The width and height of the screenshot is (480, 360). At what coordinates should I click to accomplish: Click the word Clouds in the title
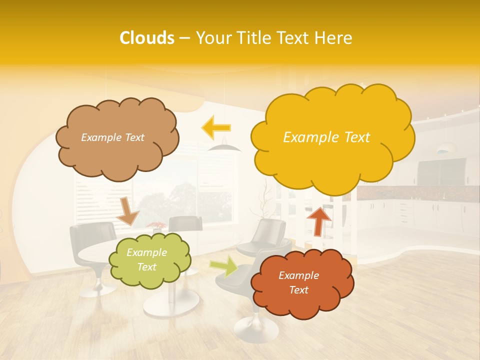[x=147, y=38]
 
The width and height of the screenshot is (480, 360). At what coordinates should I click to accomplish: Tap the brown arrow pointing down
[x=127, y=211]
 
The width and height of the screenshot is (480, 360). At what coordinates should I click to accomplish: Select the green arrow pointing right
[x=223, y=266]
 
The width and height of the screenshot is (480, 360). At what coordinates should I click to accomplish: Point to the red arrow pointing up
[x=319, y=220]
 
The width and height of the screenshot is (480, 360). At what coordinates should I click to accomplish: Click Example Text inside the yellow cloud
[x=326, y=137]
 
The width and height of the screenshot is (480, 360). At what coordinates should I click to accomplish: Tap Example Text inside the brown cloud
[x=112, y=137]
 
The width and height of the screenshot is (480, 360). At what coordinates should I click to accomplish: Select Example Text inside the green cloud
[x=146, y=260]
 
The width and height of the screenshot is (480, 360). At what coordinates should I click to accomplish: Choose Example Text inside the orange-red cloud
[x=298, y=283]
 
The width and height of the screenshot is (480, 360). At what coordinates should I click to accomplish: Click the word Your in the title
[x=212, y=38]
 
